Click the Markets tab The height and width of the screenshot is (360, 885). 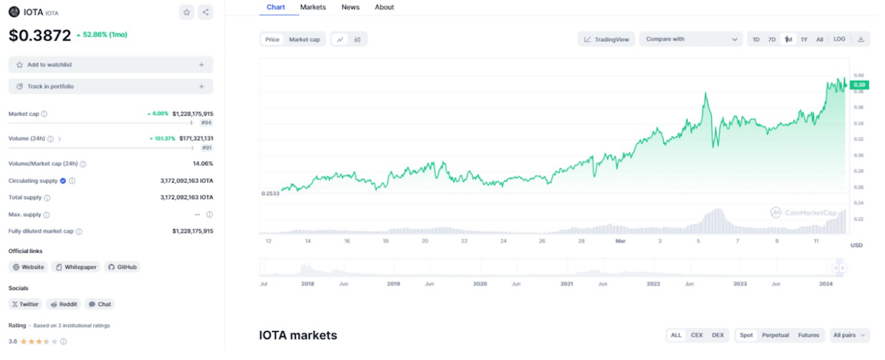(313, 7)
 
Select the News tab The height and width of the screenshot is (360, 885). (350, 7)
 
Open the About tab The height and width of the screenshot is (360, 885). (384, 7)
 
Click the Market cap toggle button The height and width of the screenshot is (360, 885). (304, 40)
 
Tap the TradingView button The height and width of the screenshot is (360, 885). (606, 40)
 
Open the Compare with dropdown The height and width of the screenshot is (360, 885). (690, 40)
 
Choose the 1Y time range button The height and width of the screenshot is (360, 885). (804, 40)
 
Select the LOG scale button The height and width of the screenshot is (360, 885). (839, 39)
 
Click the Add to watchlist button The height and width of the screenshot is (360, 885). (111, 65)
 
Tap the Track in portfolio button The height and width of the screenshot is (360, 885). (111, 87)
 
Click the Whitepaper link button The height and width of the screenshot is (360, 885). (76, 267)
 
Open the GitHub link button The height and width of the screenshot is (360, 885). (122, 267)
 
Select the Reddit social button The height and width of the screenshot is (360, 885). (63, 304)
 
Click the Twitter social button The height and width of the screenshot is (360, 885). (25, 304)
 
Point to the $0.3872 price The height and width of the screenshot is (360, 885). (40, 35)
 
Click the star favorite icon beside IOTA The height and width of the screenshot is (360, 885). (187, 12)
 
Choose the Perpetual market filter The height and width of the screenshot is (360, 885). (774, 335)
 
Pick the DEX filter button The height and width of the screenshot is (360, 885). (718, 335)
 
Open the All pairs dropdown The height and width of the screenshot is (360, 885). (847, 335)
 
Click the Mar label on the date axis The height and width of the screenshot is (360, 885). (620, 240)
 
